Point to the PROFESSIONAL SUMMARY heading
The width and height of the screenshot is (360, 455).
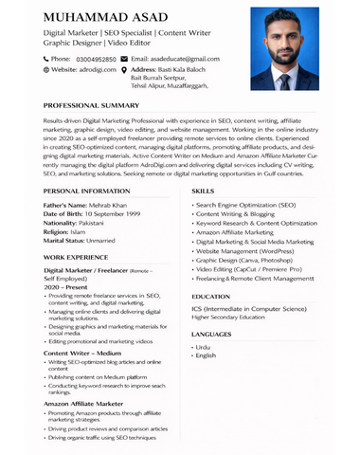tap(91, 105)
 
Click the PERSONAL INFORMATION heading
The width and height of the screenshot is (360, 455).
tap(87, 191)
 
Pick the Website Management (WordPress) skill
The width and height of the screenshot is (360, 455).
tap(243, 251)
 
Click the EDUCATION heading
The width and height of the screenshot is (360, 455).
tap(210, 296)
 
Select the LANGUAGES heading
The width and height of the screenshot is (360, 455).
tap(210, 334)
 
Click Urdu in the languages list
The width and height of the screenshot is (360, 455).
tap(204, 347)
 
